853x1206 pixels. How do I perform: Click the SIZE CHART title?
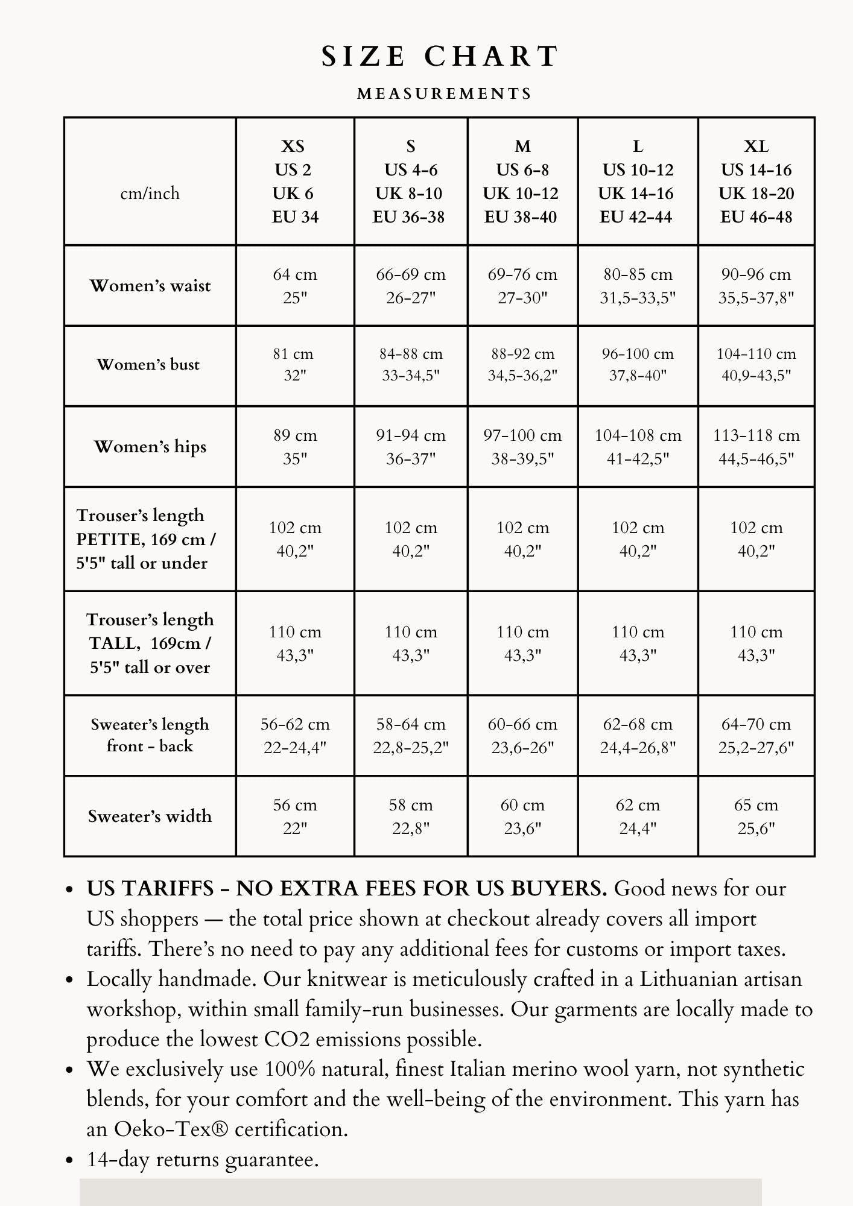(x=440, y=57)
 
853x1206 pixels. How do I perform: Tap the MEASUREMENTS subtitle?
(x=445, y=94)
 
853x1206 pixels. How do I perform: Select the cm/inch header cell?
(x=150, y=194)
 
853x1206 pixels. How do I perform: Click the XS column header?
(x=294, y=182)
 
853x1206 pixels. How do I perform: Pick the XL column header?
(x=756, y=182)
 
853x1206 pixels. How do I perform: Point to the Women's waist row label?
(x=150, y=286)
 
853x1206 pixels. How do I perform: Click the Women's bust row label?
(x=148, y=365)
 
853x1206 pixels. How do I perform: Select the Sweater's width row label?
(x=150, y=816)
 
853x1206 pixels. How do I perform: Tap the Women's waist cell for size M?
(x=522, y=286)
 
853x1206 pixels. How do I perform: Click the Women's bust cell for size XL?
(x=756, y=365)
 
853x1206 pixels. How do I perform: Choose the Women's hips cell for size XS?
(x=294, y=447)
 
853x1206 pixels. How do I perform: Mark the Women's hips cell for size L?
(x=638, y=447)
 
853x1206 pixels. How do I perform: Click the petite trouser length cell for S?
(x=411, y=539)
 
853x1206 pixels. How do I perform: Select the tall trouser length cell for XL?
(x=756, y=643)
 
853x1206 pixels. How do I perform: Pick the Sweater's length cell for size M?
(x=522, y=736)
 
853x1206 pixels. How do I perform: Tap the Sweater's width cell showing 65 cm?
(x=756, y=816)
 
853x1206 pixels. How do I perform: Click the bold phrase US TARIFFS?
(x=150, y=889)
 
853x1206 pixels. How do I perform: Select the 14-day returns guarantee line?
(x=203, y=1159)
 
